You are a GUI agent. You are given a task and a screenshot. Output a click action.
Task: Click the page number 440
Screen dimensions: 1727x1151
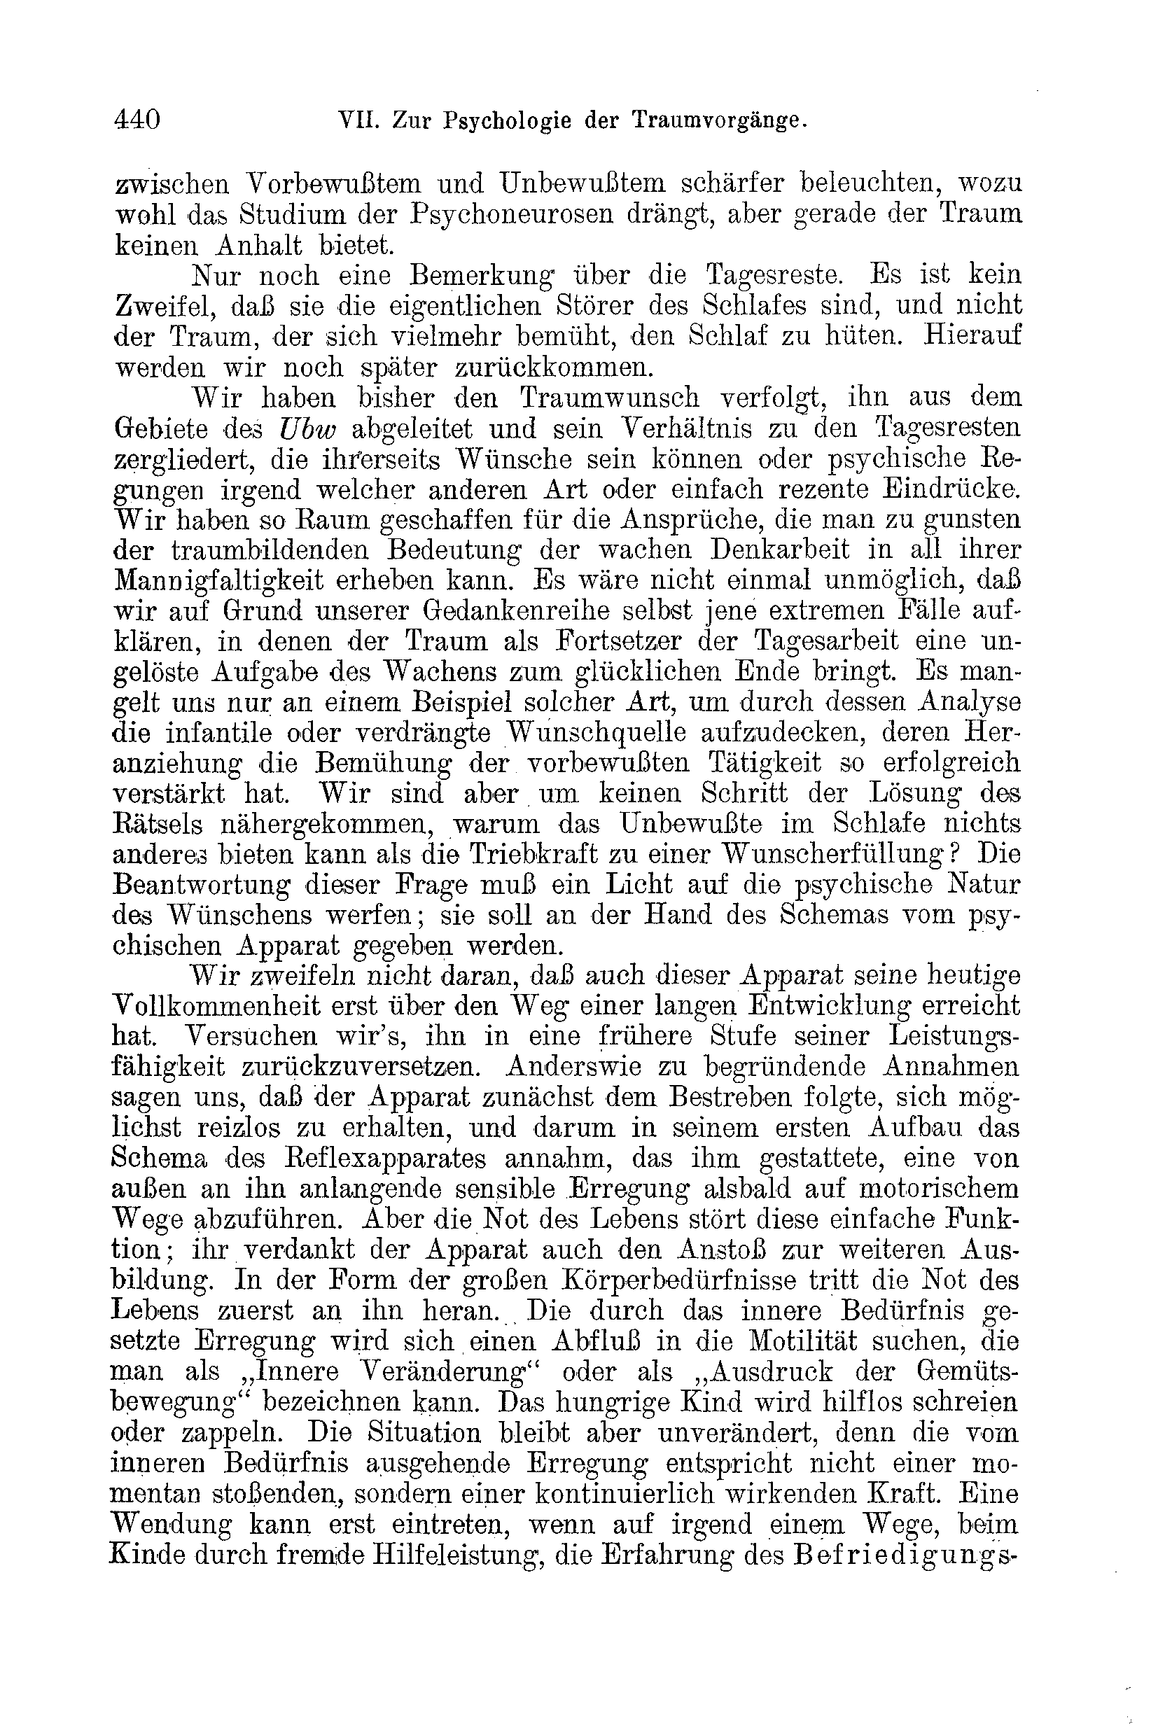coord(137,119)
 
